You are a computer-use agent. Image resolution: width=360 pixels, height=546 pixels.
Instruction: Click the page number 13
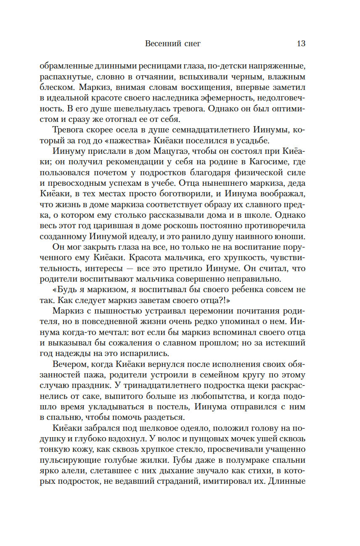coord(301,43)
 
